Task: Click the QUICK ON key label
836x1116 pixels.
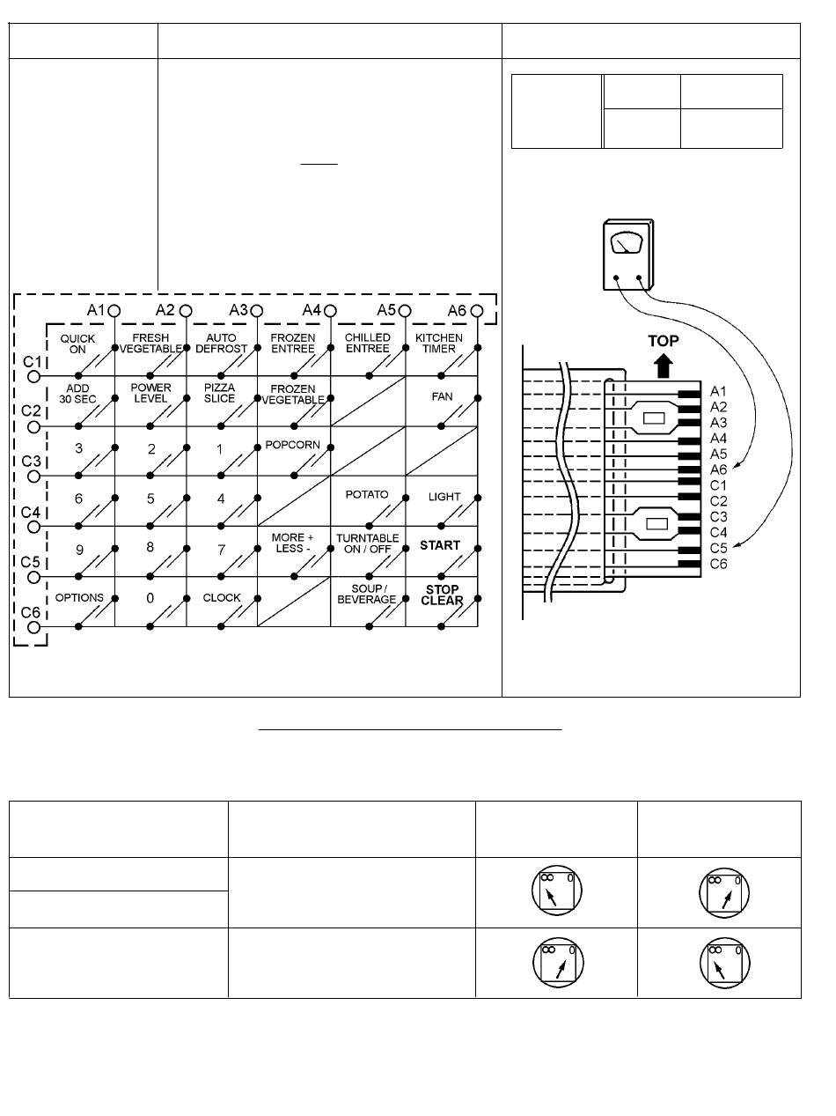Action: [x=77, y=344]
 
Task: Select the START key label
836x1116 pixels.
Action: [x=440, y=545]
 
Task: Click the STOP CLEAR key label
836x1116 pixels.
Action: [x=442, y=595]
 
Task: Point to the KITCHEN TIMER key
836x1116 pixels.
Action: [x=438, y=344]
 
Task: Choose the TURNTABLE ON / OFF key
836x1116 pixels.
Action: [x=367, y=544]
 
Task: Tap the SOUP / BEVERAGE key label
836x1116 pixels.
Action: [x=367, y=595]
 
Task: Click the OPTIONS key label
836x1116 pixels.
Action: [x=79, y=598]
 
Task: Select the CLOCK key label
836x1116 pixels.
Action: [x=221, y=598]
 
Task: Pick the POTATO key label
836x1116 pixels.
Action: [x=366, y=495]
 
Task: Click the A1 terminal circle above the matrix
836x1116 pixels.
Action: [x=114, y=310]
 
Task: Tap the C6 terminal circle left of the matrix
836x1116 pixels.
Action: [x=33, y=628]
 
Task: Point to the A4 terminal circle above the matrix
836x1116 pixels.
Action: [x=331, y=310]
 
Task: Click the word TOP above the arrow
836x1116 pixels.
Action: [x=664, y=340]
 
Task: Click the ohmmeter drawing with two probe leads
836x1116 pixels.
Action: [x=626, y=254]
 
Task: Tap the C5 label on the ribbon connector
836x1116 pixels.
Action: [x=719, y=548]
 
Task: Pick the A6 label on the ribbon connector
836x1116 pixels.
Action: [x=719, y=469]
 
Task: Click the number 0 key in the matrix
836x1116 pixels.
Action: [x=150, y=598]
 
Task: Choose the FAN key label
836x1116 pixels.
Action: [x=442, y=396]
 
